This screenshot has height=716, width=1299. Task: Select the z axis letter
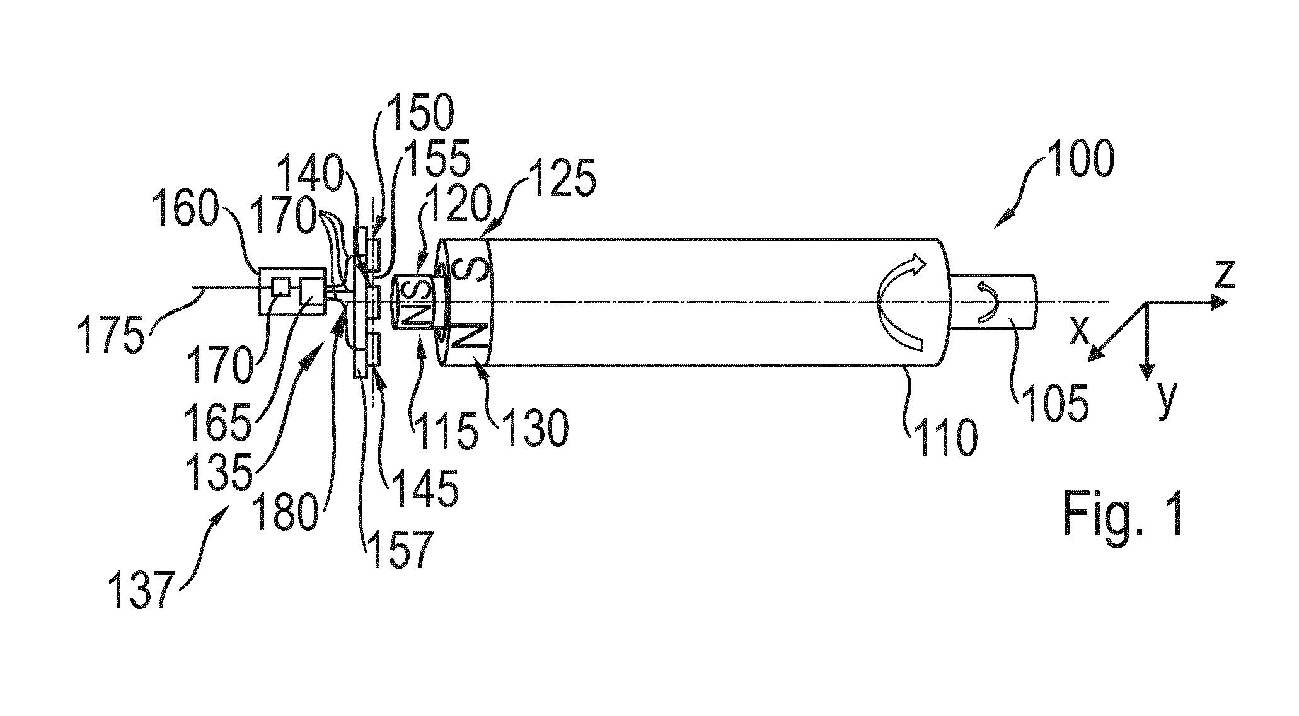1224,275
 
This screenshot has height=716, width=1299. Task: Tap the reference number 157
401,550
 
